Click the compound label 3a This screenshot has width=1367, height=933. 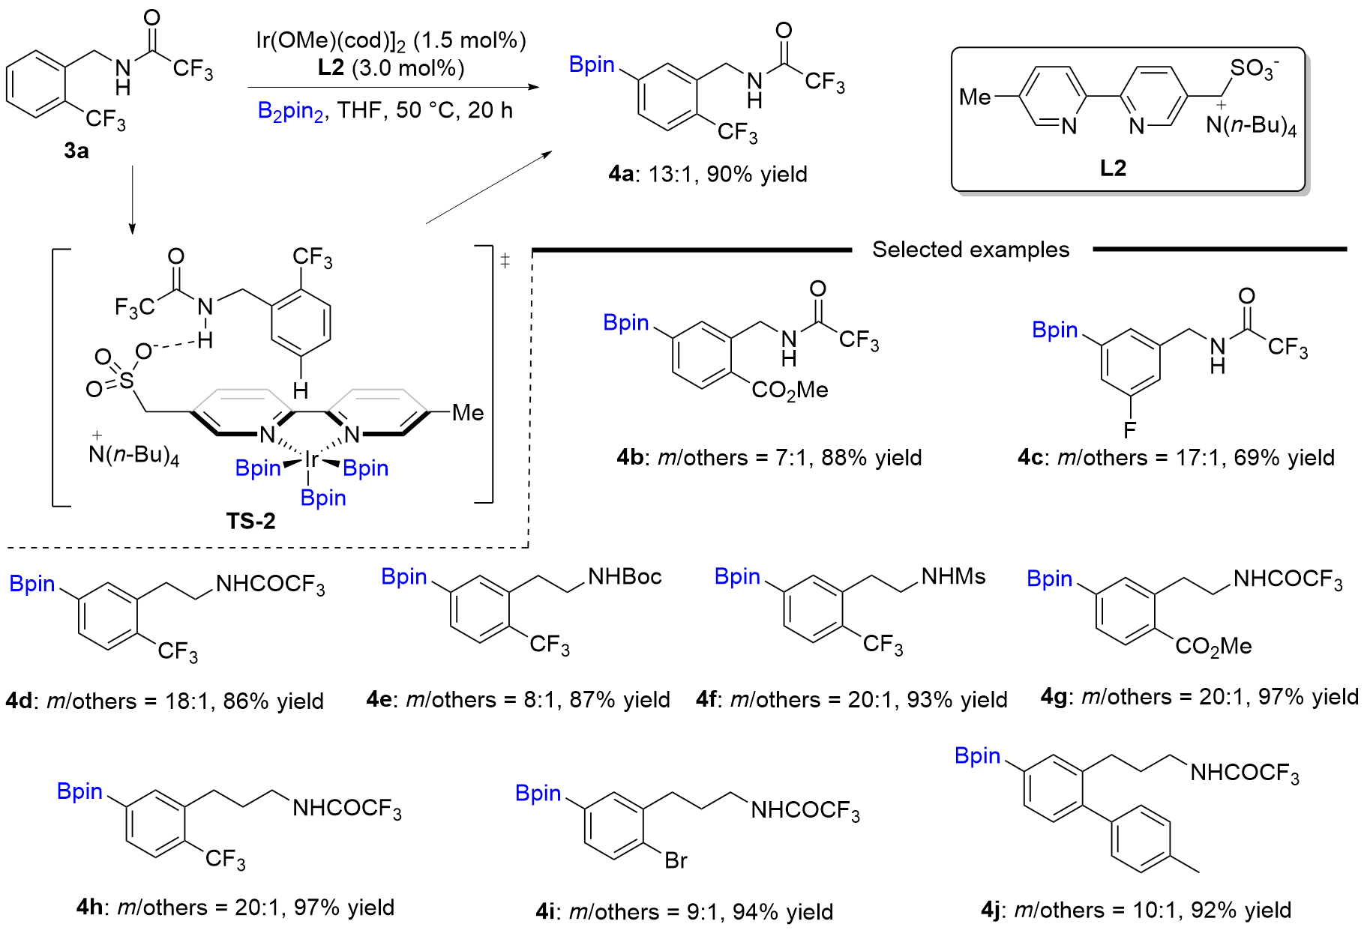(76, 151)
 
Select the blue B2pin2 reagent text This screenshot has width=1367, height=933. (290, 112)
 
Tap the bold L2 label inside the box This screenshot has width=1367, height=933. (1113, 168)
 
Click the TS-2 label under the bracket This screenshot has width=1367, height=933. (250, 521)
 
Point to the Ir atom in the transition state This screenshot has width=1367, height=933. (311, 459)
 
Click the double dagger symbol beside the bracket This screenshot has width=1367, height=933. (505, 260)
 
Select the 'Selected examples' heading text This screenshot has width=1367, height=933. (970, 250)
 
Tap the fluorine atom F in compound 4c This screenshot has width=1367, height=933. (1129, 430)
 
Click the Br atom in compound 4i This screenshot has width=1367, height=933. (676, 860)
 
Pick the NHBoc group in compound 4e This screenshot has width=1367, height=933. (625, 576)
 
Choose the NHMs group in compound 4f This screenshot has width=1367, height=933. (953, 576)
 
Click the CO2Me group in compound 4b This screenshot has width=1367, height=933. (790, 390)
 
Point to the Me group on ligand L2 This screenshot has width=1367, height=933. (975, 97)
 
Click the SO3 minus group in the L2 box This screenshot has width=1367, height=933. (1254, 69)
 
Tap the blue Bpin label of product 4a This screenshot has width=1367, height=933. (592, 64)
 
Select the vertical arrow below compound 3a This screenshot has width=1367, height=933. (133, 199)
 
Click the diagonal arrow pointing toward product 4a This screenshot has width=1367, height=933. (488, 187)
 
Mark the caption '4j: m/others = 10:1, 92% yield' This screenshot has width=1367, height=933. (1135, 910)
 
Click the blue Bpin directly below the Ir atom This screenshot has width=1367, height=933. (323, 498)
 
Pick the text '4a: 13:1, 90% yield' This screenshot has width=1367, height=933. (708, 175)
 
